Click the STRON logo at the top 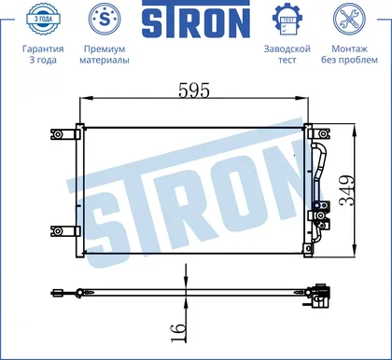pyautogui.click(x=196, y=19)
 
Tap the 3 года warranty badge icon pyautogui.click(x=43, y=19)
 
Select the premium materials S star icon pyautogui.click(x=105, y=19)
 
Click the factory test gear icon pyautogui.click(x=287, y=20)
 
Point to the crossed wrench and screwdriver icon pyautogui.click(x=349, y=19)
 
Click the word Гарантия pyautogui.click(x=43, y=48)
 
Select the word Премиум pyautogui.click(x=105, y=48)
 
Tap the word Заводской pyautogui.click(x=287, y=48)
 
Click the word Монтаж pyautogui.click(x=349, y=48)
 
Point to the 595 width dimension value pyautogui.click(x=194, y=90)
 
